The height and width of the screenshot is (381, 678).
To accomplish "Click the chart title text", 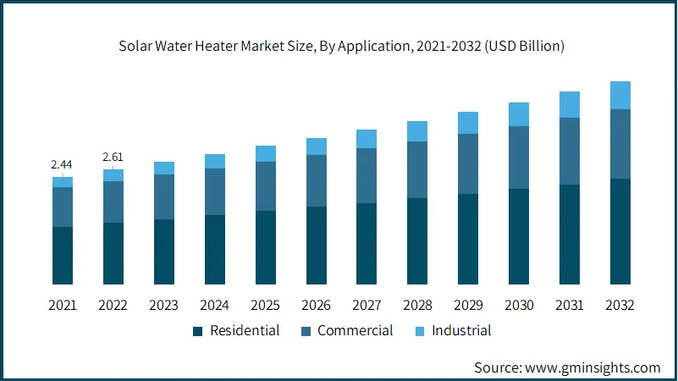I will point(339,46).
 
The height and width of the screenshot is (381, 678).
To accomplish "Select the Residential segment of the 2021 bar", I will point(63,255).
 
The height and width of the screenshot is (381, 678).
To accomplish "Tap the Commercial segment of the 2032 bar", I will point(620,144).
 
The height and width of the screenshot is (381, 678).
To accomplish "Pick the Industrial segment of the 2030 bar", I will point(519,114).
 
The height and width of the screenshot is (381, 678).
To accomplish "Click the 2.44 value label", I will point(63,164).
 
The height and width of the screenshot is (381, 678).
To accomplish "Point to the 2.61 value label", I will point(113,157).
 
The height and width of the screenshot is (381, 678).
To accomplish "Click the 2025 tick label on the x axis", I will point(266,305).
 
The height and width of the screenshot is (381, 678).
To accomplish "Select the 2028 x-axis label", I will point(417,305).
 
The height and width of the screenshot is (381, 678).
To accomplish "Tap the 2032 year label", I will point(620,305).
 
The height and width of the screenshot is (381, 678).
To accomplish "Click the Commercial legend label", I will point(355,330).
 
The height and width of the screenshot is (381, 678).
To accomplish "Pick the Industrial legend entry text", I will point(461,330).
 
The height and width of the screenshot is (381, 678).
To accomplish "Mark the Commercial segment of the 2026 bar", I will point(317,180).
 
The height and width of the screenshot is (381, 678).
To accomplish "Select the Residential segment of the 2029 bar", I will point(468,239).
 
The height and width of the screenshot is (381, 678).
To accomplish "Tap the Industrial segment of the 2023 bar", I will point(164,168).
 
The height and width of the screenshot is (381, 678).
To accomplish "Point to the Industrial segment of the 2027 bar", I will point(367,139).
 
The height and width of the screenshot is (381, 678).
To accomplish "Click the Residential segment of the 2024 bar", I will point(215,249).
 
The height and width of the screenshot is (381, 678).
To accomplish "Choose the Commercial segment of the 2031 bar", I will point(570,151).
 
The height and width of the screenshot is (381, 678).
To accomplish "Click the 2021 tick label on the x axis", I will point(63,305).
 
